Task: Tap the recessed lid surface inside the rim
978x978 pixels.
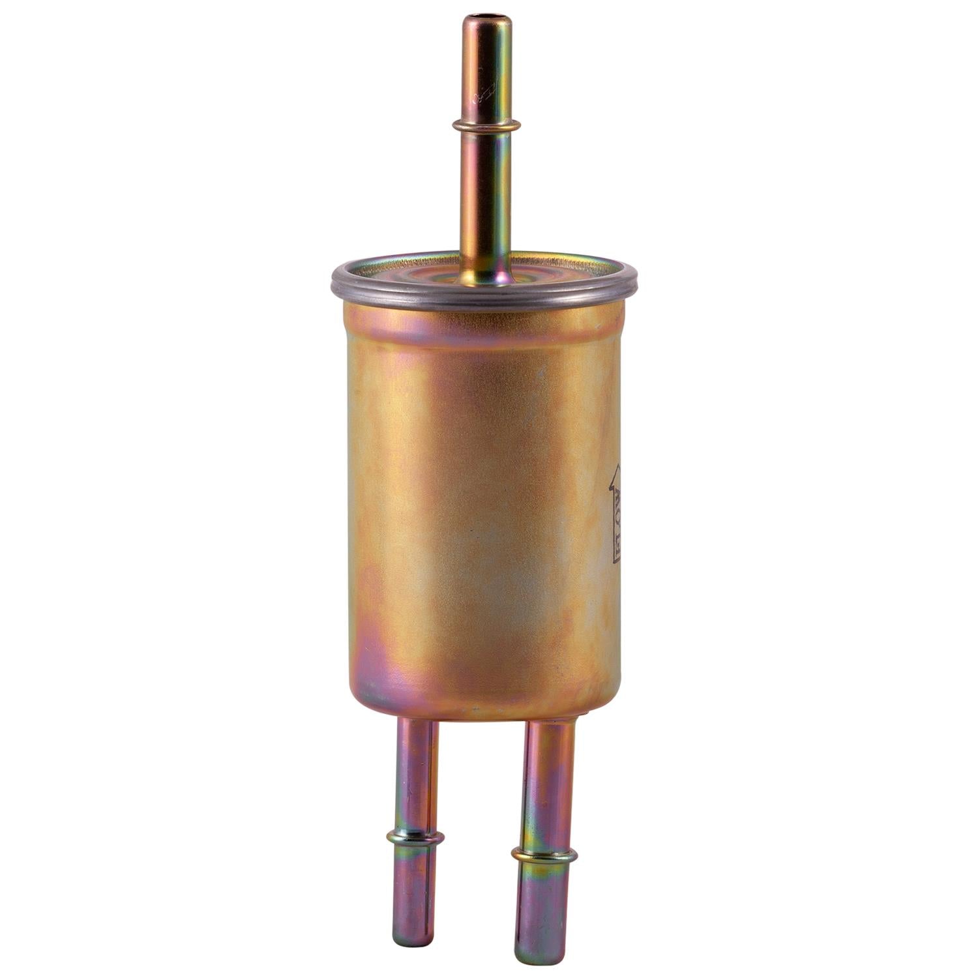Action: (x=417, y=274)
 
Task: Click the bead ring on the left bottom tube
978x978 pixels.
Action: (x=415, y=837)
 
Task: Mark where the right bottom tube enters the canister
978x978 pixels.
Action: (x=552, y=725)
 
